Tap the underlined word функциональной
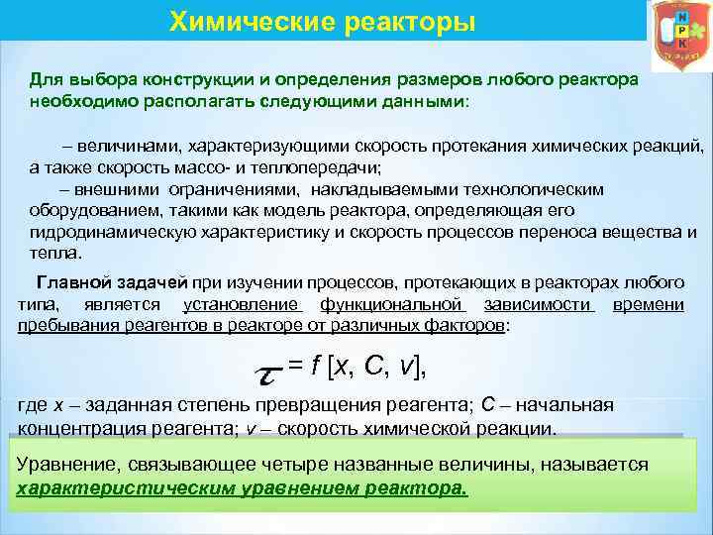pyautogui.click(x=392, y=303)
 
